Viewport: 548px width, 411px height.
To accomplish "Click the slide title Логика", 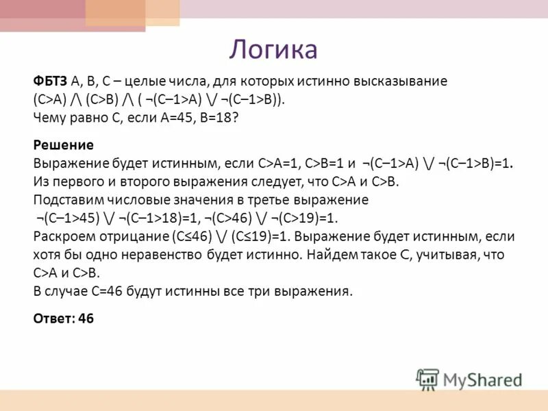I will click(273, 49).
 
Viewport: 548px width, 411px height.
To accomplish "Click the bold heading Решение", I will click(63, 146).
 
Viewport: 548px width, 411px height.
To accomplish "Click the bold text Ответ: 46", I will click(63, 319).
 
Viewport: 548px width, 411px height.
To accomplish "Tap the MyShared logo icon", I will click(427, 379).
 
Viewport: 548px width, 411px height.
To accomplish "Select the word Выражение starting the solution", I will click(66, 164).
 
